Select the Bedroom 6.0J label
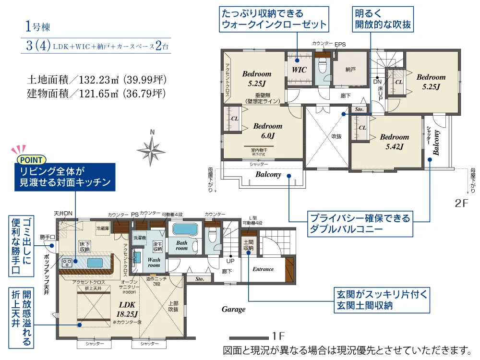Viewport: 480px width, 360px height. click(268, 131)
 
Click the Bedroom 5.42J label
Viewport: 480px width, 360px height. click(395, 142)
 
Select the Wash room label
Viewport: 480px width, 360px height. click(154, 262)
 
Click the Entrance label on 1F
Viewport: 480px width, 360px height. click(263, 269)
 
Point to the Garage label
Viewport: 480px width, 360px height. click(233, 309)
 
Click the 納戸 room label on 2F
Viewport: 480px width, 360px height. click(350, 70)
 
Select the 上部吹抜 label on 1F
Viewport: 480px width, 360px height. click(173, 306)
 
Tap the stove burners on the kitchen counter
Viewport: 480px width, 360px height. click(67, 262)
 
